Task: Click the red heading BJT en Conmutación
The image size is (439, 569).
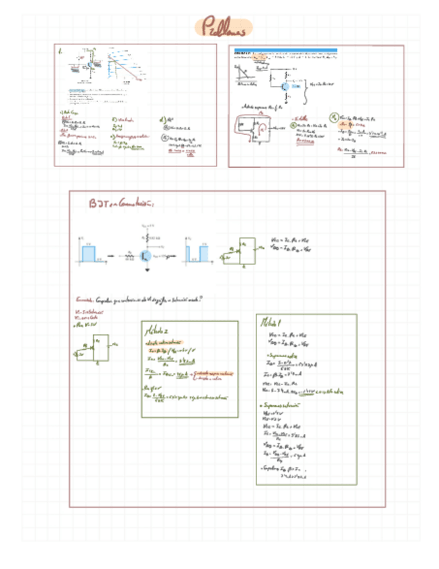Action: click(123, 203)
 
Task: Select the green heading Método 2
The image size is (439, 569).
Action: click(158, 331)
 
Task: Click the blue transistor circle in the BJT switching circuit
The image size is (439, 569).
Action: click(146, 255)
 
